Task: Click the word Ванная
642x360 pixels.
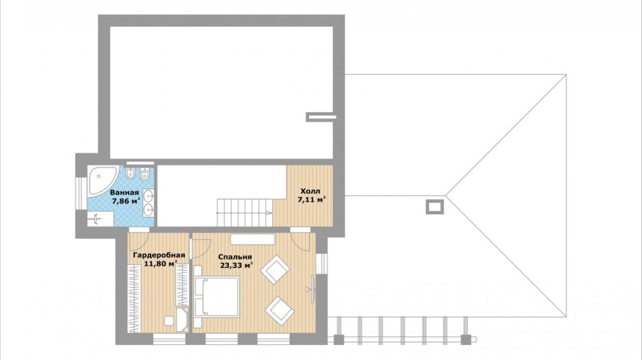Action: (x=124, y=192)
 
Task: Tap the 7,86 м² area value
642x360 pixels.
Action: (x=126, y=201)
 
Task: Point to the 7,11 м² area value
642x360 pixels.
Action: (x=312, y=200)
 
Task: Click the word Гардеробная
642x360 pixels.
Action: (x=159, y=255)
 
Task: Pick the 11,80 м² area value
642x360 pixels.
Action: (x=161, y=264)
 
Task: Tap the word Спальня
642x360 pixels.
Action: (x=235, y=257)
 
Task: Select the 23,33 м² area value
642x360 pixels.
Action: (x=236, y=265)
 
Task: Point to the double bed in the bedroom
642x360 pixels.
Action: (x=216, y=297)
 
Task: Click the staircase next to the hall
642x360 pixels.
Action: (x=244, y=212)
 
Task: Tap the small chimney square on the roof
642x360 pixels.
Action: (x=435, y=207)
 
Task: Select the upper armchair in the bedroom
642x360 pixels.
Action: (x=275, y=269)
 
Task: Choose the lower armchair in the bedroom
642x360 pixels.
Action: (x=279, y=311)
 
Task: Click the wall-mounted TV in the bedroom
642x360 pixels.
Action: (x=313, y=290)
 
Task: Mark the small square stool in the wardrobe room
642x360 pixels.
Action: (x=169, y=321)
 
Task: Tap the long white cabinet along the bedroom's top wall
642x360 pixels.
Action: (x=252, y=239)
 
